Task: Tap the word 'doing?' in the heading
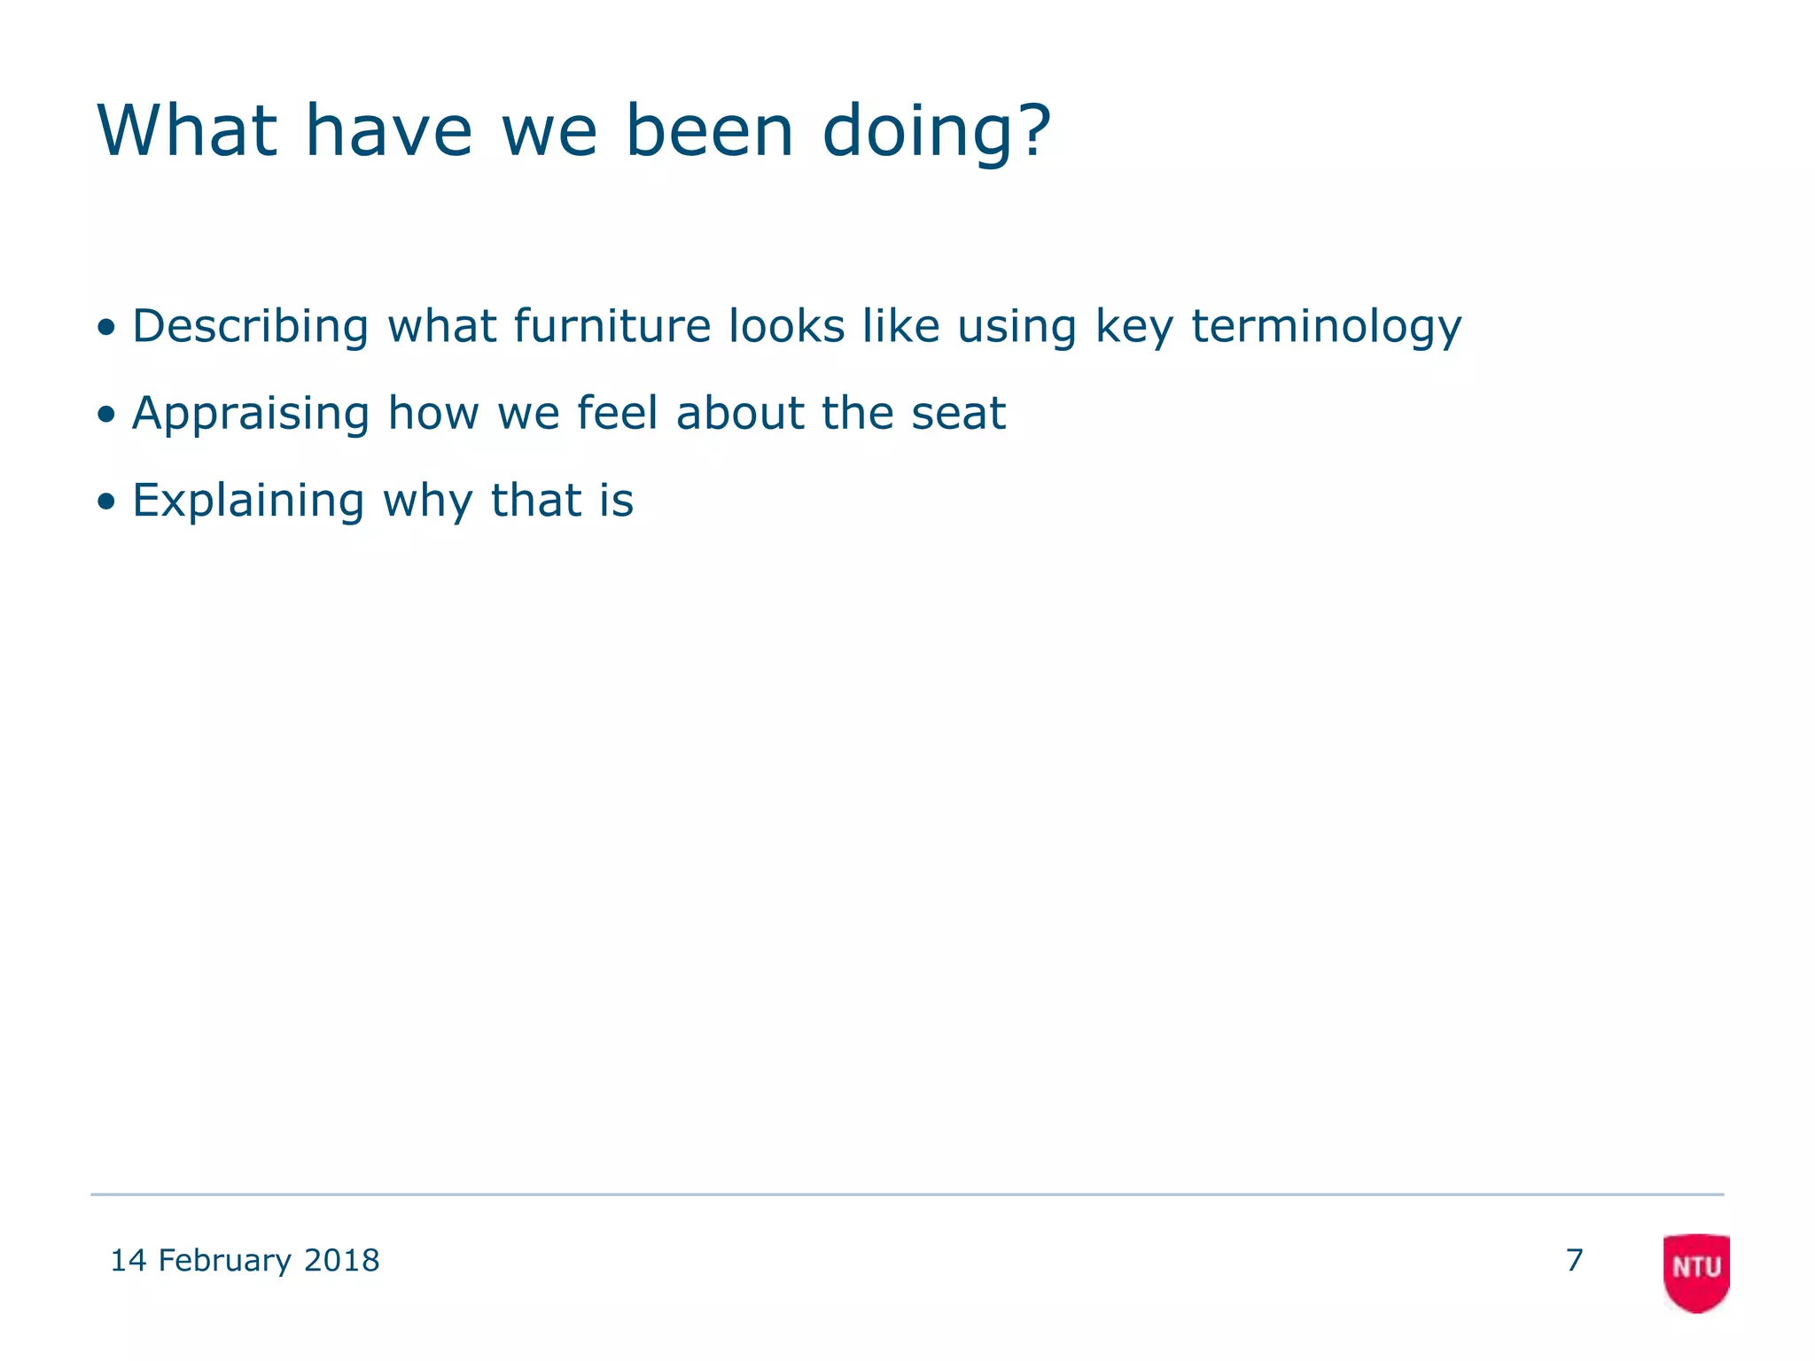click(x=936, y=133)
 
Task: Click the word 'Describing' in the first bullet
click(x=250, y=326)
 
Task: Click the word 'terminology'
click(x=1326, y=328)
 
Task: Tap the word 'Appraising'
click(x=250, y=414)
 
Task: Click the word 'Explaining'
click(x=248, y=502)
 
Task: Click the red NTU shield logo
click(x=1696, y=1272)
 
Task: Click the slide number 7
click(x=1574, y=1260)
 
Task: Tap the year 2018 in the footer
click(x=341, y=1260)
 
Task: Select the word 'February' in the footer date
click(x=224, y=1260)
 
